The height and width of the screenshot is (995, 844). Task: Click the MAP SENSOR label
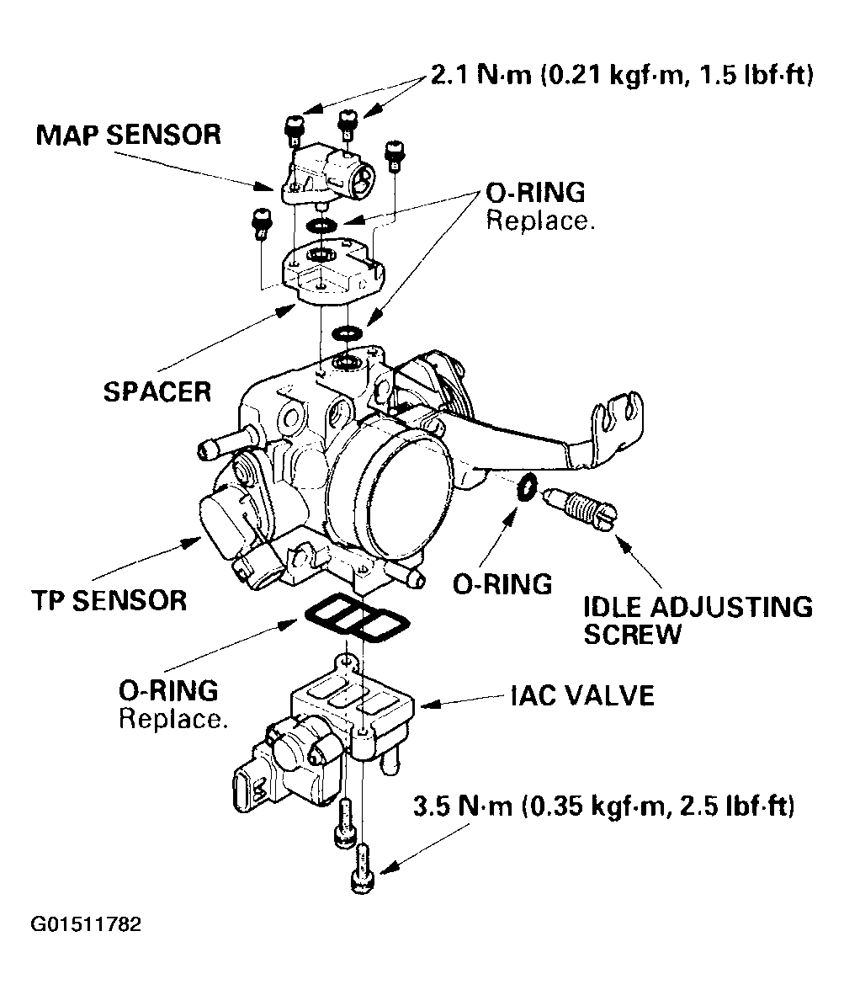(129, 135)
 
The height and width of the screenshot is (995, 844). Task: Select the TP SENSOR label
(109, 600)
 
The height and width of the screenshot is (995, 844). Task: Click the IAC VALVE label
(581, 695)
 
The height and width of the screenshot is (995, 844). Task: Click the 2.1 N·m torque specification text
(621, 77)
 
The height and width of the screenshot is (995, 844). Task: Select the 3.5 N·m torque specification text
(603, 807)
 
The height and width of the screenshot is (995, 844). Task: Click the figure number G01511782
(86, 924)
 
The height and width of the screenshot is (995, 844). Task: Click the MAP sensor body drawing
(324, 172)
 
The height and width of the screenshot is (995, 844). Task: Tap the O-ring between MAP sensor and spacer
(321, 225)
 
